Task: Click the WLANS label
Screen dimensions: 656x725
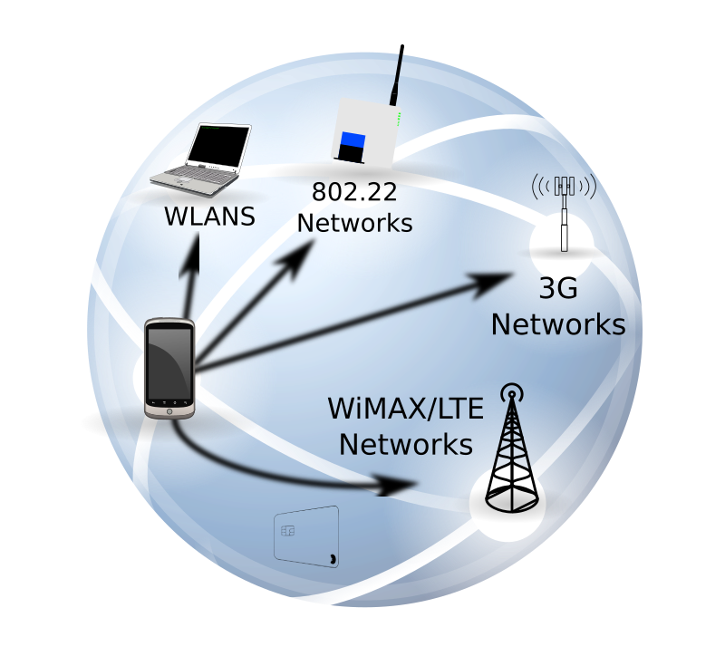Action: (x=209, y=217)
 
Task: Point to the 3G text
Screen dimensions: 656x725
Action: (x=557, y=290)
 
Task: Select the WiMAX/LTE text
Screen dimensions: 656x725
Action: (x=406, y=410)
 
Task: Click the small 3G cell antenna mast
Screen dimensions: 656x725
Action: (x=564, y=213)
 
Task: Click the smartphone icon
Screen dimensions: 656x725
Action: (x=170, y=368)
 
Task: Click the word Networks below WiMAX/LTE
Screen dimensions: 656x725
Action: (x=406, y=445)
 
